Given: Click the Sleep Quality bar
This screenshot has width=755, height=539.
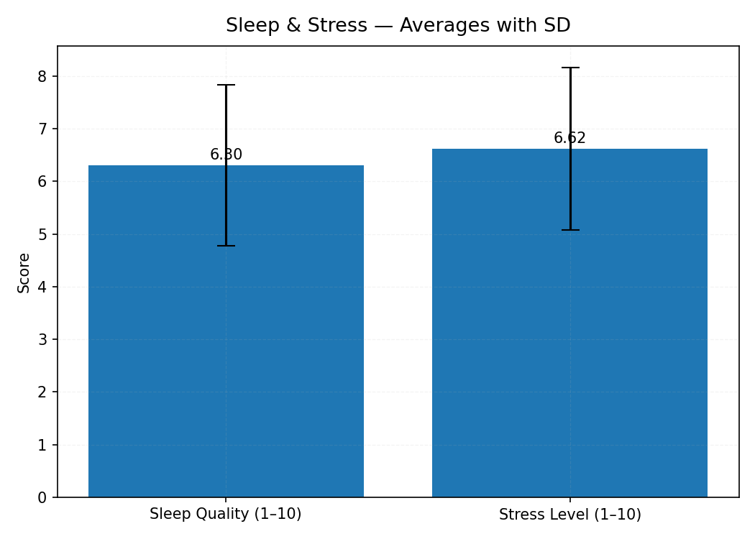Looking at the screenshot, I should coord(226,359).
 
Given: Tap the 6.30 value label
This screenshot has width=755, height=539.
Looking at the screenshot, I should coord(226,155).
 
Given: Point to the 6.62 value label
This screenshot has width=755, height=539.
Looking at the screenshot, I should coord(569,139).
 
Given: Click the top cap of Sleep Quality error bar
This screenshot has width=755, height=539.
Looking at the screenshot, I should coord(226,85).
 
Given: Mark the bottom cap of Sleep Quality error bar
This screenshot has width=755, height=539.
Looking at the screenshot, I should coord(226,246).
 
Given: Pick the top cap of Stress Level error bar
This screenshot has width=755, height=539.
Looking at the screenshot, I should coord(570,68).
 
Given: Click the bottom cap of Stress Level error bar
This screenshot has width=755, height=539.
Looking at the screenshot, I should coord(570,230).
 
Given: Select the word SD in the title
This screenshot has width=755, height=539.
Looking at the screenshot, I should coord(557,26).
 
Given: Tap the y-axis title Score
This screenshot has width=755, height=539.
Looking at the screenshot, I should coord(24,272).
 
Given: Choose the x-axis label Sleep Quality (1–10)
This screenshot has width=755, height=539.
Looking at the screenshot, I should coord(226,515).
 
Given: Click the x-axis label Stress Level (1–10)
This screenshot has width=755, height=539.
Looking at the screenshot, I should coord(569,515).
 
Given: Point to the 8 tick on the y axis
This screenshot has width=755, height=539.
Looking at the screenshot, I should coord(42,76).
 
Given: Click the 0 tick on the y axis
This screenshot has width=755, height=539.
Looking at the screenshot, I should coord(42,497).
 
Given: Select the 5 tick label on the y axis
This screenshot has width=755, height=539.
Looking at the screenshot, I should coord(42,234).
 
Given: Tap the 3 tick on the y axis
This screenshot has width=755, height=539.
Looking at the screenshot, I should coord(42,339).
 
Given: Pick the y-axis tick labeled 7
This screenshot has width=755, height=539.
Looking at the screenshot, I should coord(42,129).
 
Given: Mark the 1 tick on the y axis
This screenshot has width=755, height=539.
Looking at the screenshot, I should coord(42,445).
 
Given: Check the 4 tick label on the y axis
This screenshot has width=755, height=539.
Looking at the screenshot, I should coord(42,287).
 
